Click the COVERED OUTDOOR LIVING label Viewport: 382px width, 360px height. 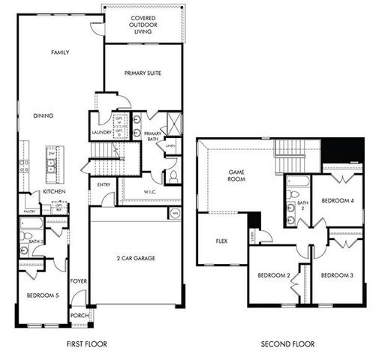tap(143, 25)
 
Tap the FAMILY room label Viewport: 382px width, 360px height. tap(60, 52)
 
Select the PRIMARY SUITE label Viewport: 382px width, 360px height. tap(143, 73)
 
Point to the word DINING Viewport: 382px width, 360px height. tap(44, 115)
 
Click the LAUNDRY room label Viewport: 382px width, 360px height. tap(101, 133)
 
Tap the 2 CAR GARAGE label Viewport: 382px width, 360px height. tap(135, 257)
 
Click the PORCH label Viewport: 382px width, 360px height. tap(80, 316)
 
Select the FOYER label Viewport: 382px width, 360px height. tap(79, 281)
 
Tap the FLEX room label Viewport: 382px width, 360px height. tap(222, 241)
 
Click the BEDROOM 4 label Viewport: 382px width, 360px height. tap(337, 201)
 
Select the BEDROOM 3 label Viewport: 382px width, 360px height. tap(337, 275)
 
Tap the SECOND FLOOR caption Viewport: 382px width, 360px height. tap(287, 344)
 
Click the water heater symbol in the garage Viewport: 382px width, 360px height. tap(174, 214)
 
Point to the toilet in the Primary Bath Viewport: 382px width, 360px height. tap(173, 177)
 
